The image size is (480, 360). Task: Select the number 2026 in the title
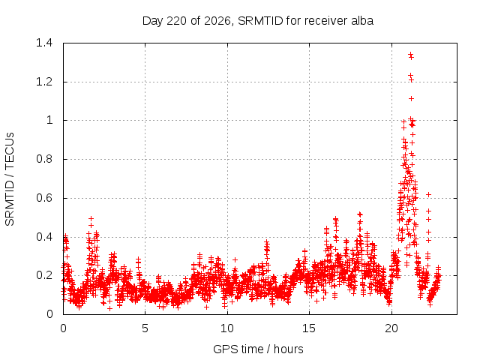[217, 21]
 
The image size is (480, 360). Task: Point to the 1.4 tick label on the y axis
[44, 43]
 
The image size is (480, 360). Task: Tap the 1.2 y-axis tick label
[44, 82]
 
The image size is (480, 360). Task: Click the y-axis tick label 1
[49, 120]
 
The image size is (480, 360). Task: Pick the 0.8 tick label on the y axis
[44, 159]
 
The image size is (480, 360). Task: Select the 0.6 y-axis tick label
[44, 198]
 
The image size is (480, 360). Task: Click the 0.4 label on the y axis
[44, 237]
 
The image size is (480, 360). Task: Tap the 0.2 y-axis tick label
[44, 275]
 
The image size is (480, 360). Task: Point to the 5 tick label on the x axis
[145, 328]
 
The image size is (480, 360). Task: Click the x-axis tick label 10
[227, 328]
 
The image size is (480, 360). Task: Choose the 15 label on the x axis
[309, 328]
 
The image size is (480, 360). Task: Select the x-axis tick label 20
[391, 328]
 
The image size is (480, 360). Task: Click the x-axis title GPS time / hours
[258, 349]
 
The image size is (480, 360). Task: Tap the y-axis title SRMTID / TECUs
[10, 179]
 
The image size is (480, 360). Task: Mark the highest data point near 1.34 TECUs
[410, 54]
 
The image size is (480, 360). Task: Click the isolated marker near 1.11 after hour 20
[412, 98]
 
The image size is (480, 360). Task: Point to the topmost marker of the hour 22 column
[428, 195]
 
